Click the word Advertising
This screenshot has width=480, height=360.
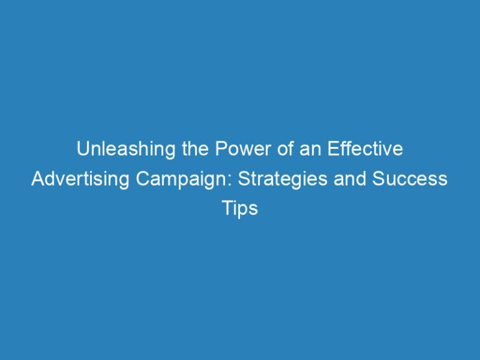coord(72,179)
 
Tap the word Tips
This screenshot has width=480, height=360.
coord(240,209)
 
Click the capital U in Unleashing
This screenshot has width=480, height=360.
coord(82,150)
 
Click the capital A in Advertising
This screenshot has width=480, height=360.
coord(37,179)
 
